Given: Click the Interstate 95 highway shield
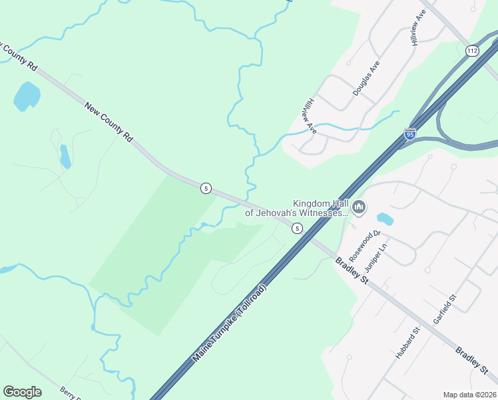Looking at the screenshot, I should point(410,135).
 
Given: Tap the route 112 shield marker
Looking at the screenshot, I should point(471,51).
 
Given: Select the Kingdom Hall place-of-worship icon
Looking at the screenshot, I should point(359,208).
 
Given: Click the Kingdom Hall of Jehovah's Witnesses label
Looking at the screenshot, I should point(297,209).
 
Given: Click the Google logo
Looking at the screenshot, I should point(22,392).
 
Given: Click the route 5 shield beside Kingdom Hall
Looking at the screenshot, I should point(297,228).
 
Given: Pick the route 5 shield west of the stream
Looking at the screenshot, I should point(206,189).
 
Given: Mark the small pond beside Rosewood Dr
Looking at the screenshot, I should point(385,218).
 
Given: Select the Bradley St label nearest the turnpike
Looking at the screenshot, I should point(352,269).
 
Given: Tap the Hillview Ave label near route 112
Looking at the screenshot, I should point(418,28).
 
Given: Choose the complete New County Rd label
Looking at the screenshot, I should point(109,121).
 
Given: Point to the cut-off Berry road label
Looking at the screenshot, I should point(70,393).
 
